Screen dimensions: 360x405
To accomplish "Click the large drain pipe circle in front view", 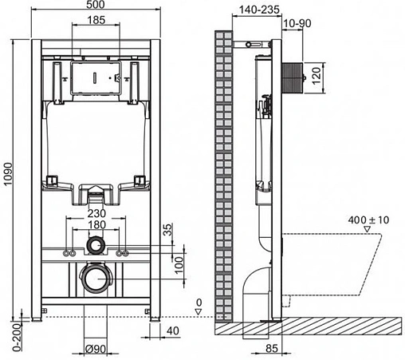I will click(x=96, y=279).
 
